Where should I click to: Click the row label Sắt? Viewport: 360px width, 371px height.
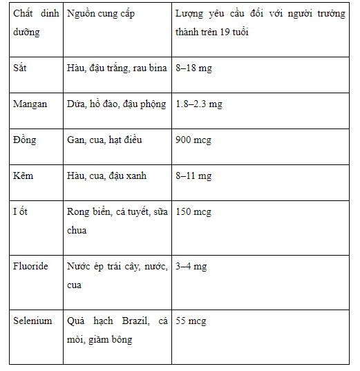click(21, 68)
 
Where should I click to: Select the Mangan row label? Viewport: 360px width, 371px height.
click(30, 104)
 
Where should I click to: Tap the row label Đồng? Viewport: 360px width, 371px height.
click(25, 140)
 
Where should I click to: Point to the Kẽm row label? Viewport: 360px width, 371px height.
click(23, 175)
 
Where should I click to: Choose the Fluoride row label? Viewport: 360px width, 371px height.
click(31, 266)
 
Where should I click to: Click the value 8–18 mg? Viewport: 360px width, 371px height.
click(193, 68)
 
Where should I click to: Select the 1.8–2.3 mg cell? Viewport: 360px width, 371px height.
click(199, 104)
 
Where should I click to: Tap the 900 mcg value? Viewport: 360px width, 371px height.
click(193, 140)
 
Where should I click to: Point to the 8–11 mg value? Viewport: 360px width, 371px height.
click(193, 175)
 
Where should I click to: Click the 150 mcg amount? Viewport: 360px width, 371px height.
click(193, 211)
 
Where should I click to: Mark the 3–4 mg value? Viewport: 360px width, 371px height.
click(191, 266)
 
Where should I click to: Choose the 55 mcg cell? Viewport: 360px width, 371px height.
click(191, 321)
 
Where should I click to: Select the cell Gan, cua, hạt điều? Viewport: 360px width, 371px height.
click(104, 140)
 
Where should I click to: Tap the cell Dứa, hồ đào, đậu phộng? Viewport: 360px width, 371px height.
click(117, 104)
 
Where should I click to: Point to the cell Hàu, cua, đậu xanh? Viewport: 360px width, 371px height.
click(106, 175)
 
